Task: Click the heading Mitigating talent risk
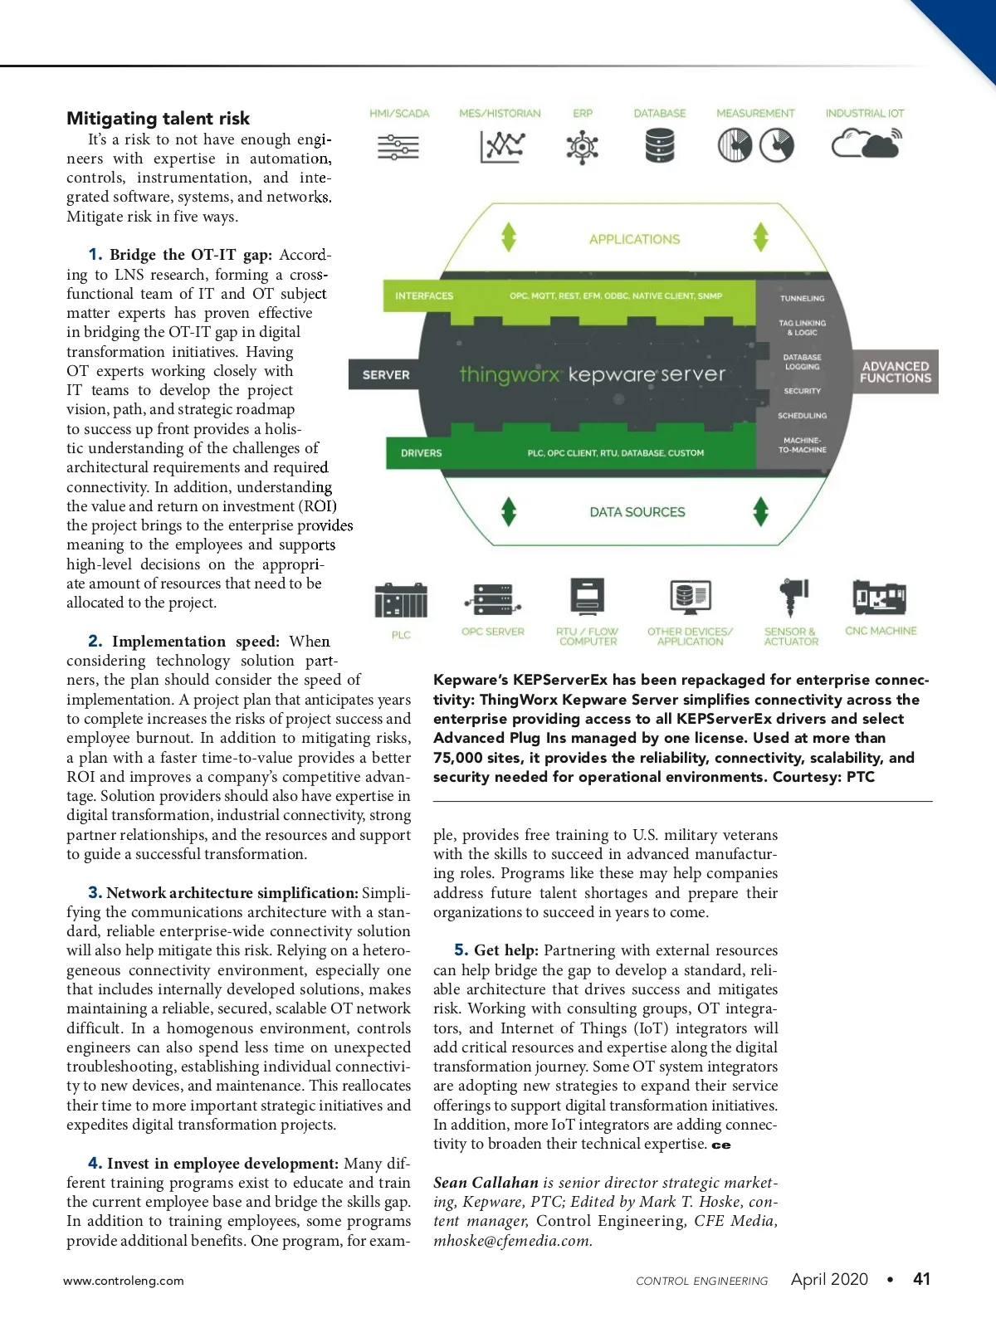coord(158,119)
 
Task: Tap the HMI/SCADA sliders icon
coord(398,147)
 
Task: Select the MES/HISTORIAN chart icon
coord(501,147)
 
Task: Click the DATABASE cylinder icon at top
coord(660,147)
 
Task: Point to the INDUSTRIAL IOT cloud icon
coord(866,145)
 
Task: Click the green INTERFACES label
coord(424,296)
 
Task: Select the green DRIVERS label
coord(421,453)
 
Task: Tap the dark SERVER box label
coord(386,375)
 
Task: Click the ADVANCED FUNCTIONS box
coord(895,372)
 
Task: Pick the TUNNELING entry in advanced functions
coord(802,299)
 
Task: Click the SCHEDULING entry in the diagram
coord(802,416)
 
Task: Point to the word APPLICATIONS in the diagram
coord(634,240)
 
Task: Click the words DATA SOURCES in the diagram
coord(637,513)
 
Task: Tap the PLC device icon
coord(401,600)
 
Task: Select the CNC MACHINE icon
coord(880,598)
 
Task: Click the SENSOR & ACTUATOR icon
coord(792,597)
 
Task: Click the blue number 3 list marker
coord(95,893)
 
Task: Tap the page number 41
coord(921,1279)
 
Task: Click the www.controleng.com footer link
coord(124,1281)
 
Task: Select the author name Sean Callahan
coord(486,1183)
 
